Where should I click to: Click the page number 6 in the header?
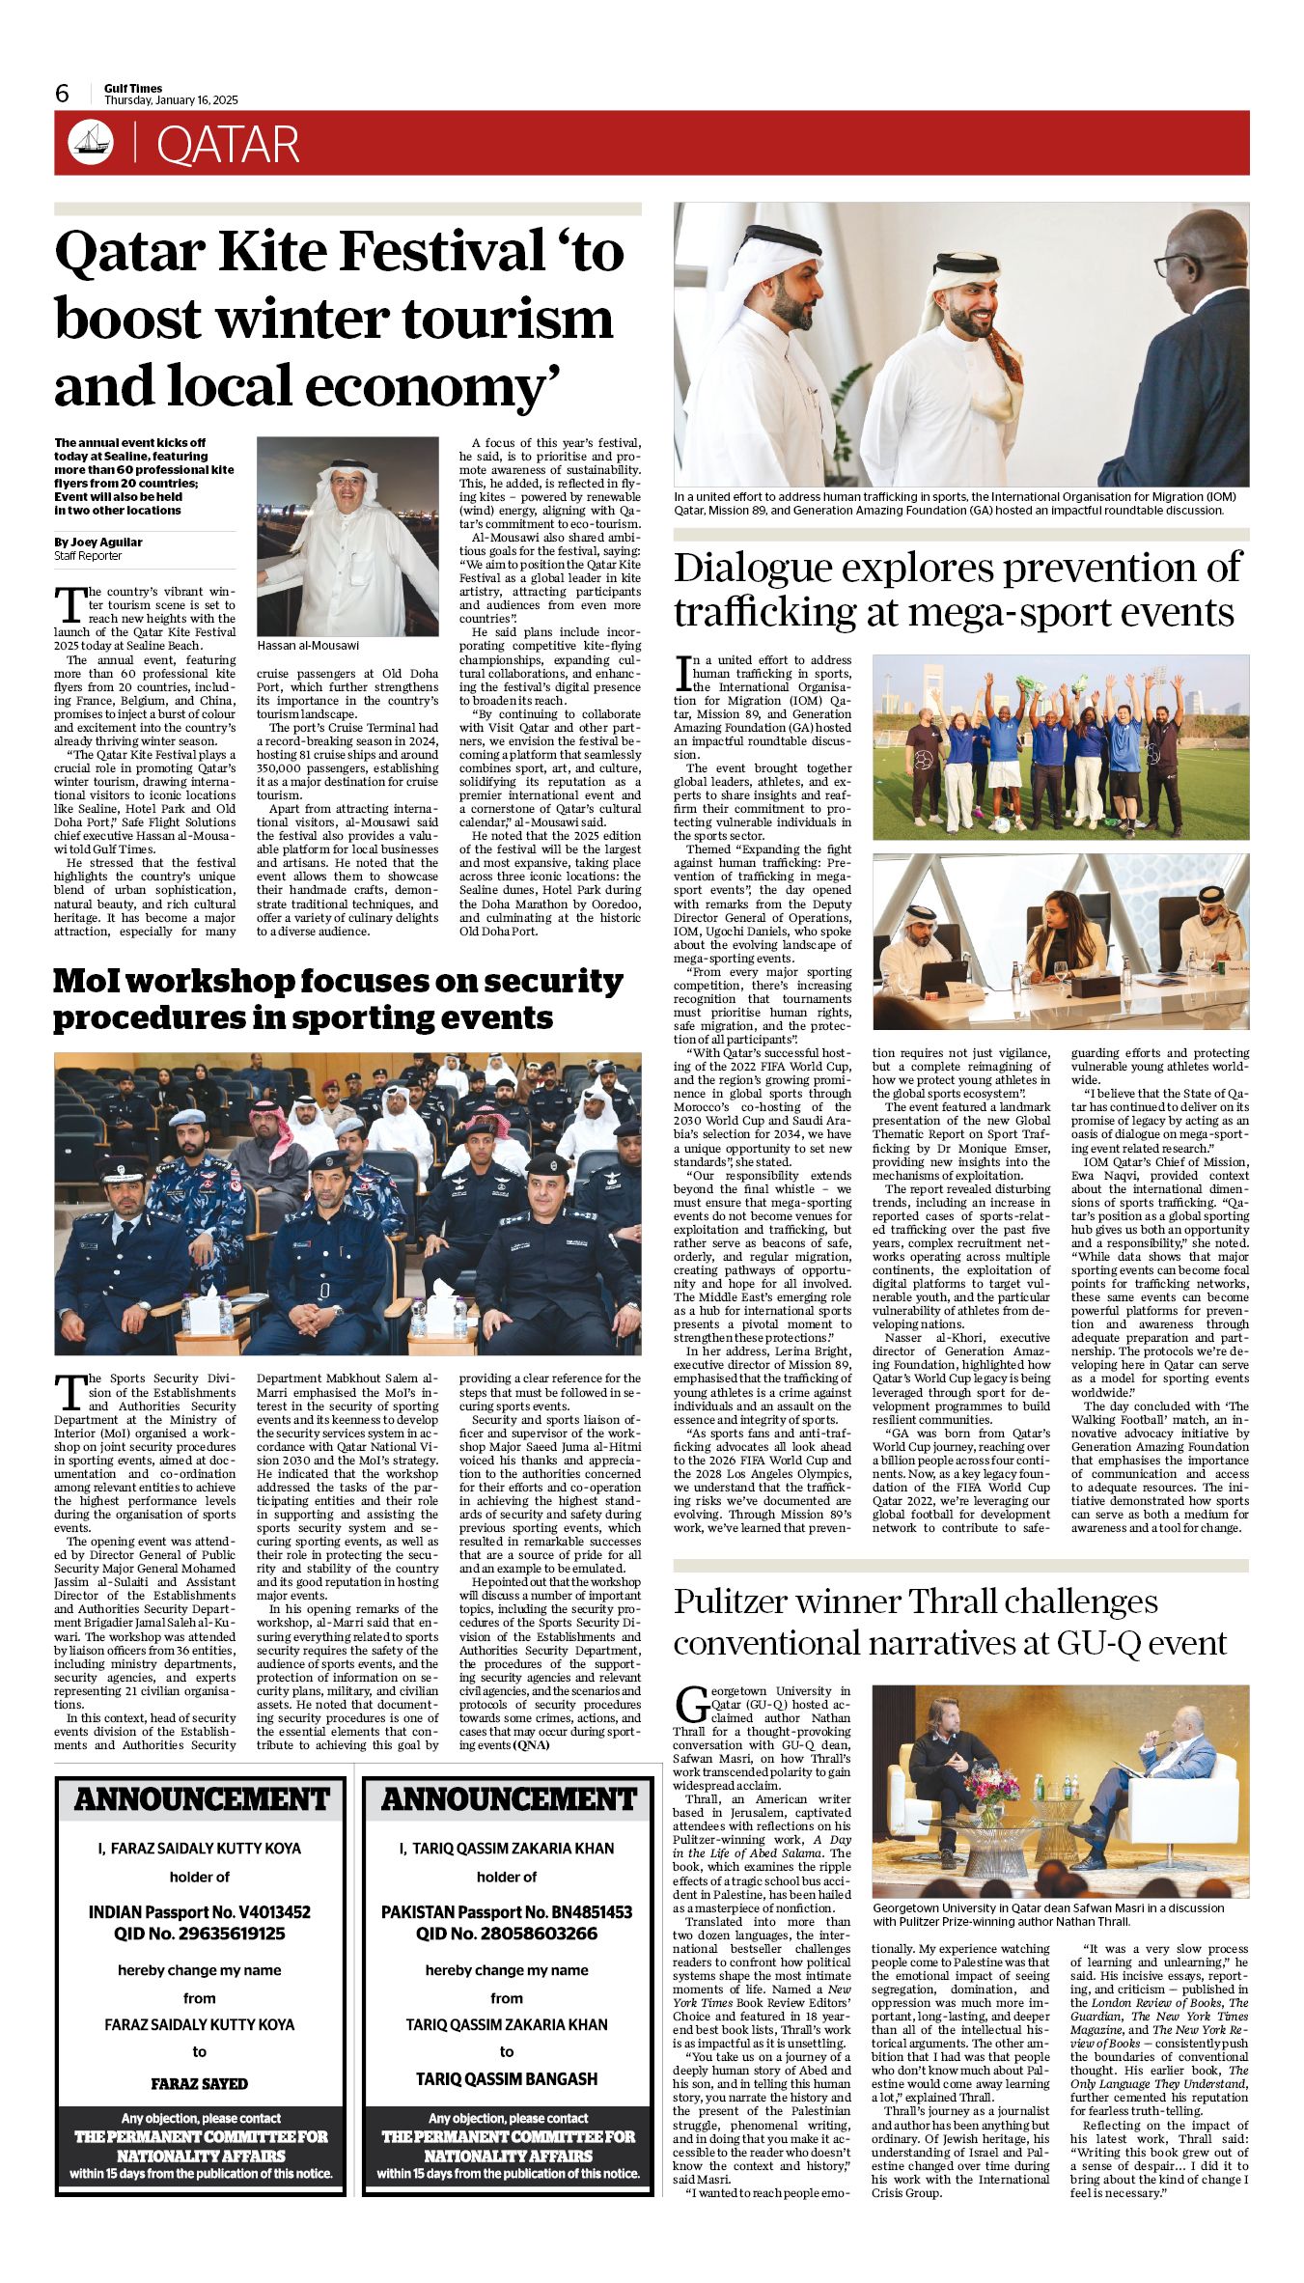(x=63, y=94)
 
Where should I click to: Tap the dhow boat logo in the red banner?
(x=91, y=143)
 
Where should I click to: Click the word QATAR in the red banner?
(x=228, y=145)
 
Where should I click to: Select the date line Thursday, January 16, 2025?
(x=171, y=100)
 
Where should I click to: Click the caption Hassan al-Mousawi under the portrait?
(x=308, y=645)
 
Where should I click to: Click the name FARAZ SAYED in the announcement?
(x=200, y=2084)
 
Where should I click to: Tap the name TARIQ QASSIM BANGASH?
(x=507, y=2078)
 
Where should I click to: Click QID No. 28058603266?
(x=507, y=1934)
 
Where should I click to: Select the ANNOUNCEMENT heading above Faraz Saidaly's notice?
(x=202, y=1799)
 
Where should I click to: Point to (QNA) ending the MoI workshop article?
(x=531, y=1745)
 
